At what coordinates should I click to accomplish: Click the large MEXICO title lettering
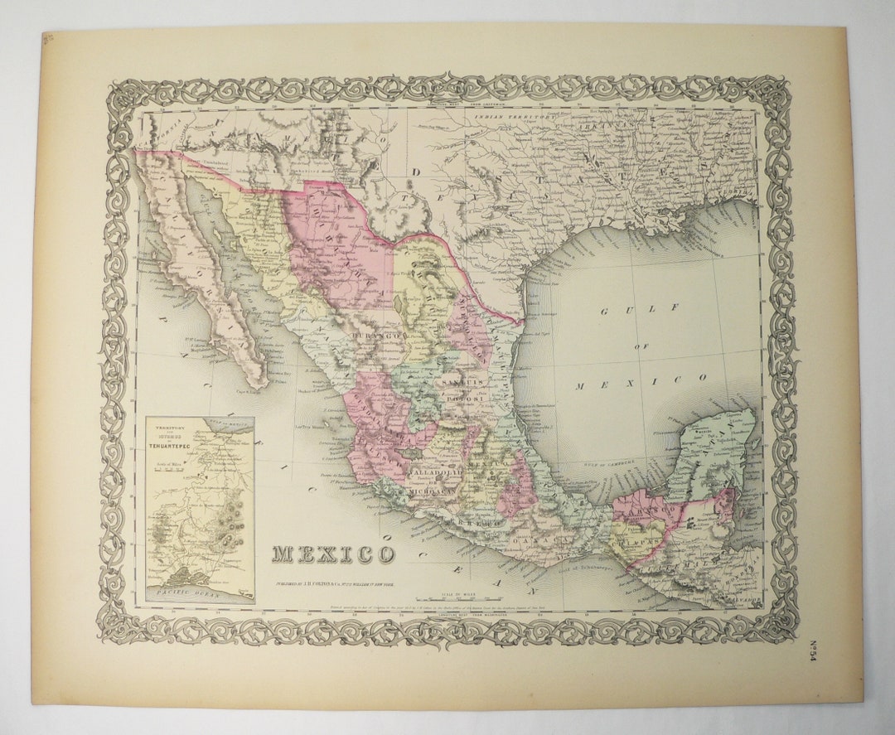click(x=334, y=554)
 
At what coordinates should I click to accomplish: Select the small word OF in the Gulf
click(x=642, y=346)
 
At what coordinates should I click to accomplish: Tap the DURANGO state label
click(x=377, y=336)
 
